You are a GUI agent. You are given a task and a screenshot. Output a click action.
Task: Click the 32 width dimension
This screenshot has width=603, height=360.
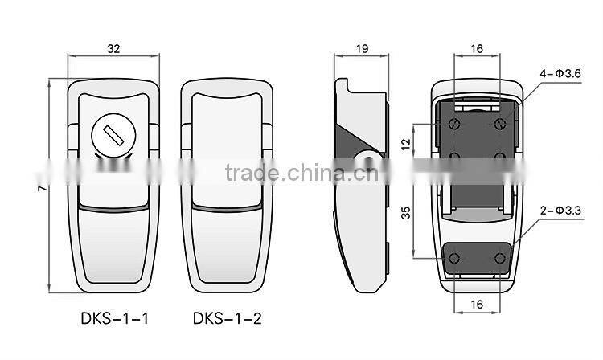click(113, 49)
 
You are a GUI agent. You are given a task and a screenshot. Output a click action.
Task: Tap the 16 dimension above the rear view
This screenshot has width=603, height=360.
click(477, 49)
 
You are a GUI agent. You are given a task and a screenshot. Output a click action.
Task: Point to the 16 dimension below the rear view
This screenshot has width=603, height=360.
click(477, 305)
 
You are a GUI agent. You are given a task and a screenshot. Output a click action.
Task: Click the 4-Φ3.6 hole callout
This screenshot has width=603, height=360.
click(560, 74)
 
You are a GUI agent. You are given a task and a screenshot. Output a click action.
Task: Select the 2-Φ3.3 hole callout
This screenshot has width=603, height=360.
click(560, 211)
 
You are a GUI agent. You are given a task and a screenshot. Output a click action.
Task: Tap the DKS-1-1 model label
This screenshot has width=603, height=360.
click(114, 319)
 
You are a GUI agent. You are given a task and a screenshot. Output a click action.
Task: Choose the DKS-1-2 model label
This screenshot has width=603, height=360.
click(228, 319)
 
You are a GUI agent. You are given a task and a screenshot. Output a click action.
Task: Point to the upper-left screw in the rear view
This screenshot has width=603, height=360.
click(454, 123)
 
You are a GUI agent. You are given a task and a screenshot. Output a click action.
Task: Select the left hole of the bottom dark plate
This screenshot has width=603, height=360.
click(454, 257)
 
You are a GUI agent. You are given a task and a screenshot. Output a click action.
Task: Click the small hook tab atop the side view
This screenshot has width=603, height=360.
click(343, 84)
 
